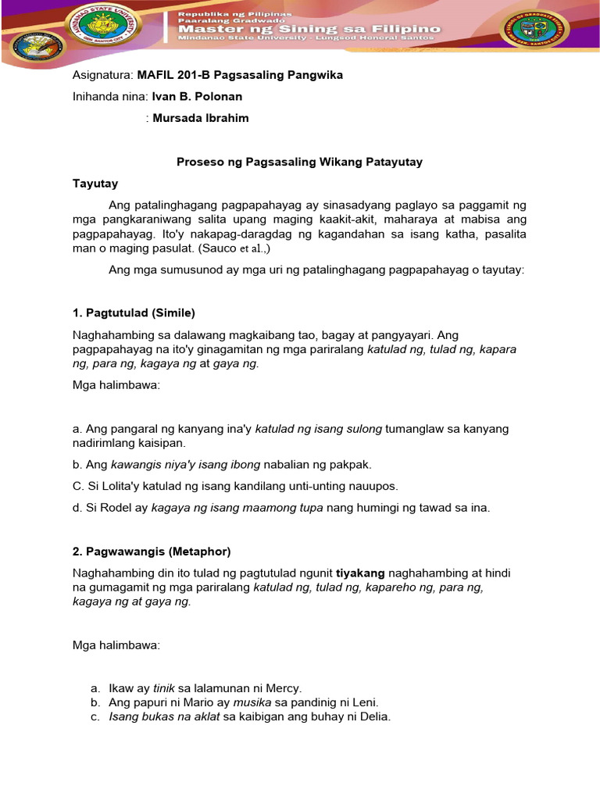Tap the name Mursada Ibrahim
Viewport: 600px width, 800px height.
click(x=201, y=118)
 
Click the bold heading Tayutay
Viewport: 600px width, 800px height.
click(x=95, y=184)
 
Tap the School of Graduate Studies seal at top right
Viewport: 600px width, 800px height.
click(x=534, y=30)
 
